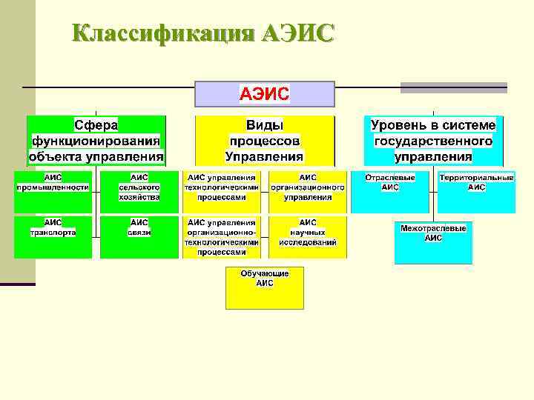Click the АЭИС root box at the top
[264, 94]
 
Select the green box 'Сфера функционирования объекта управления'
[96, 140]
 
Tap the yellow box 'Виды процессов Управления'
[264, 140]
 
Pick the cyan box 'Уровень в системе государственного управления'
[434, 140]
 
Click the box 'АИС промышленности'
[53, 191]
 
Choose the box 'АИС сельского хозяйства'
[139, 191]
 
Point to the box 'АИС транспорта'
[53, 236]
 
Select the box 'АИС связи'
[139, 236]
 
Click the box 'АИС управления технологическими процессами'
[222, 191]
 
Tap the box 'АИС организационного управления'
[307, 191]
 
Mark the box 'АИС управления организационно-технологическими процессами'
[222, 236]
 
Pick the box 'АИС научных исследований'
[307, 236]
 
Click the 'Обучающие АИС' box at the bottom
[265, 287]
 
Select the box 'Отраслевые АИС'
[390, 191]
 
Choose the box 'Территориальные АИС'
[476, 191]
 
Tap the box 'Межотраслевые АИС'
[433, 242]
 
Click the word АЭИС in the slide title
[298, 33]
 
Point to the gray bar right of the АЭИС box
[454, 87]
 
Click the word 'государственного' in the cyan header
[434, 141]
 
